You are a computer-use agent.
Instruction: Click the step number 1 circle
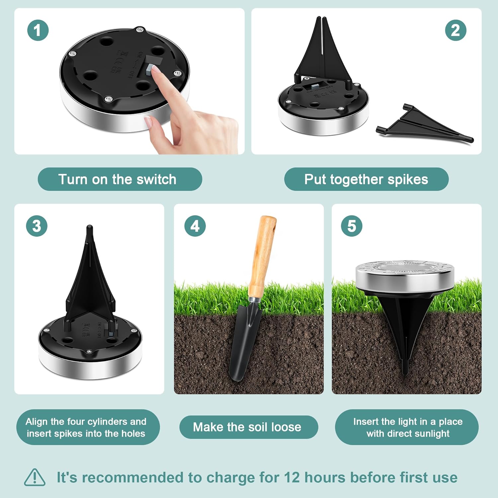[38, 31]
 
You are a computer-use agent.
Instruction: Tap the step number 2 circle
[456, 31]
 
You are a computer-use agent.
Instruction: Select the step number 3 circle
[37, 226]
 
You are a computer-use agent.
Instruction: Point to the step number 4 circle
[195, 226]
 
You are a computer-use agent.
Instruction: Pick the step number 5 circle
[352, 226]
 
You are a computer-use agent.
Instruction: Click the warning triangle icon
[35, 478]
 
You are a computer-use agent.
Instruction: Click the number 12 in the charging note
[292, 478]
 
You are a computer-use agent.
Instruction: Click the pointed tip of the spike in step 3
[89, 228]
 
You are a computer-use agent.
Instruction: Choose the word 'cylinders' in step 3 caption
[108, 422]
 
